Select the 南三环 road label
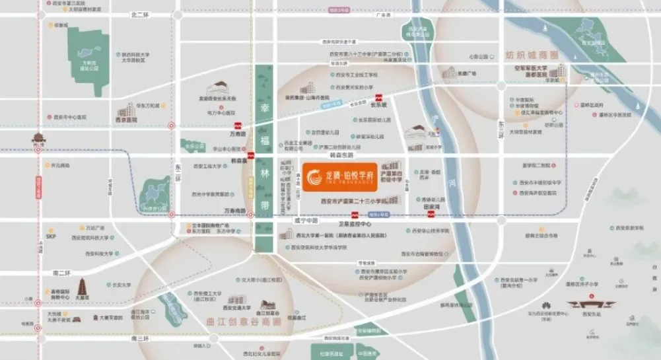(x=141, y=338)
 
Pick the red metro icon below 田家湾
(x=431, y=214)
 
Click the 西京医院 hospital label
(x=127, y=120)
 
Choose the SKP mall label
(x=51, y=235)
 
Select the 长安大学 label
(x=122, y=285)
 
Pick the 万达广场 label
(x=95, y=228)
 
